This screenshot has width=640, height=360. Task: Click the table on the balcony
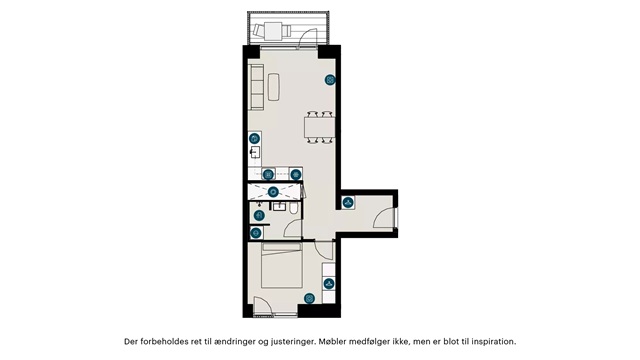click(272, 31)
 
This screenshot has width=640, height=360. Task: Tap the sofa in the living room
click(256, 87)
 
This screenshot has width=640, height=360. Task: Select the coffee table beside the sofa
click(274, 87)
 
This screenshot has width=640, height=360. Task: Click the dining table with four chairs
click(320, 127)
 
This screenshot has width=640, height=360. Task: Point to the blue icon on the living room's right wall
click(330, 80)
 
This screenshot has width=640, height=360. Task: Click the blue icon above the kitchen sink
click(254, 139)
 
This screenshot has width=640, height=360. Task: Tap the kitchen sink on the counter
click(255, 153)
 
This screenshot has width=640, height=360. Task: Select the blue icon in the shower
click(273, 191)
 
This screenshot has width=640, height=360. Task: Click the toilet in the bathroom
click(294, 208)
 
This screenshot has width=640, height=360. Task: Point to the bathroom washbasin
click(280, 206)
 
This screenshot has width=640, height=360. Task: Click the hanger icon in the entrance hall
click(348, 202)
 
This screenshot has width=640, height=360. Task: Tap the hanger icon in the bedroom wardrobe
click(329, 284)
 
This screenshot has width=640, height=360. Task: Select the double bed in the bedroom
click(282, 266)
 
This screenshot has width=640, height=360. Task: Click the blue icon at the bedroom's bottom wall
click(309, 298)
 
